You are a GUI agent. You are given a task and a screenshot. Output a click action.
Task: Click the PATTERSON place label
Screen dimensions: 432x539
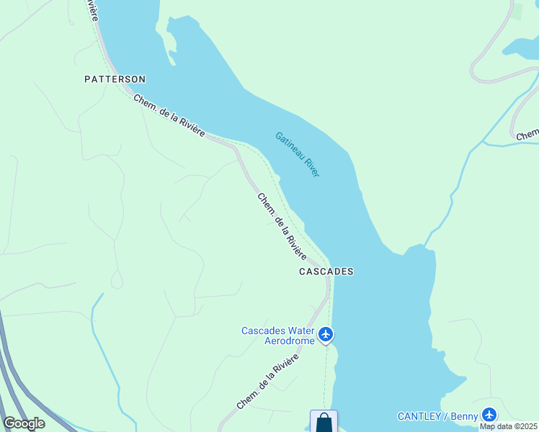(115, 78)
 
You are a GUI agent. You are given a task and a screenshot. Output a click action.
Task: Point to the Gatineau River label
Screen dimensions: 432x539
(297, 154)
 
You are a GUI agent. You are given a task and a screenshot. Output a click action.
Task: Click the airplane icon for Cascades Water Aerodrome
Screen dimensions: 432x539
(326, 334)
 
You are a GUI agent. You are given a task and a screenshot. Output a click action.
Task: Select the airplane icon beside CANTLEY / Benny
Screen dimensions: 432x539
(490, 415)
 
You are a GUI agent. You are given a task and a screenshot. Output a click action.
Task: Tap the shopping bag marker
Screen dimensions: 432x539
(324, 421)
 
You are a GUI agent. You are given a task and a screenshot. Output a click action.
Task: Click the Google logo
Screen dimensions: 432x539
(24, 423)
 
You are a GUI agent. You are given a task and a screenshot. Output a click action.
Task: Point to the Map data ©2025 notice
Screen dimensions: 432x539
(509, 426)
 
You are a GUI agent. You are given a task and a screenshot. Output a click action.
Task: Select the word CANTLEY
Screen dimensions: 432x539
(421, 416)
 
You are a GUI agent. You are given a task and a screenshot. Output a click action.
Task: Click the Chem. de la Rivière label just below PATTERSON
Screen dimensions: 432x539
(169, 115)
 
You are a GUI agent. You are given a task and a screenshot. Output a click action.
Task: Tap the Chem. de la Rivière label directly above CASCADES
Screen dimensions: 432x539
(282, 227)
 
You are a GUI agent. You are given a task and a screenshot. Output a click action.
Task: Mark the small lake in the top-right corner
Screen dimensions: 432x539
(520, 47)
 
